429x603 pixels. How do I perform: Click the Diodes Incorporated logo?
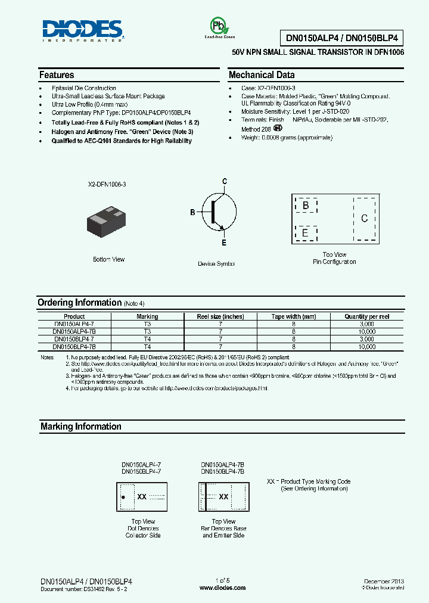(x=82, y=30)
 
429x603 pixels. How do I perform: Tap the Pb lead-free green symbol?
(x=217, y=26)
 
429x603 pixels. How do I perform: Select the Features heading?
(x=57, y=75)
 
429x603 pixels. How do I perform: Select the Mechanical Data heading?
(x=262, y=75)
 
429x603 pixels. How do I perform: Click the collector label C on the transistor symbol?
(x=225, y=181)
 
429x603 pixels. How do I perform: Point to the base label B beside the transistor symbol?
(x=192, y=212)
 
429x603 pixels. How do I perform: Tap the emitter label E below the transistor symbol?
(x=225, y=243)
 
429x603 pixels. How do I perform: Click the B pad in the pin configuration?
(x=306, y=206)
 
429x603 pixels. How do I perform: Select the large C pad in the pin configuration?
(x=364, y=219)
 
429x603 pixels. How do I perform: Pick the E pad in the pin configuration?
(x=306, y=232)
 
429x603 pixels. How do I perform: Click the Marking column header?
(x=147, y=316)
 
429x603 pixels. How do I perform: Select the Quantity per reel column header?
(x=367, y=316)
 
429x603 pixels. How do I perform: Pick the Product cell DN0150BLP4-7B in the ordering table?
(x=74, y=346)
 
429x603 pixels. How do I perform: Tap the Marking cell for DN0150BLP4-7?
(x=147, y=339)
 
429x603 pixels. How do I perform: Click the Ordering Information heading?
(x=79, y=303)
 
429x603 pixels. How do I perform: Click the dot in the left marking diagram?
(x=123, y=496)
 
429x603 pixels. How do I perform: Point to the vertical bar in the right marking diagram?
(x=206, y=496)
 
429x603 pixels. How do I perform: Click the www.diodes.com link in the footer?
(x=222, y=588)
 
